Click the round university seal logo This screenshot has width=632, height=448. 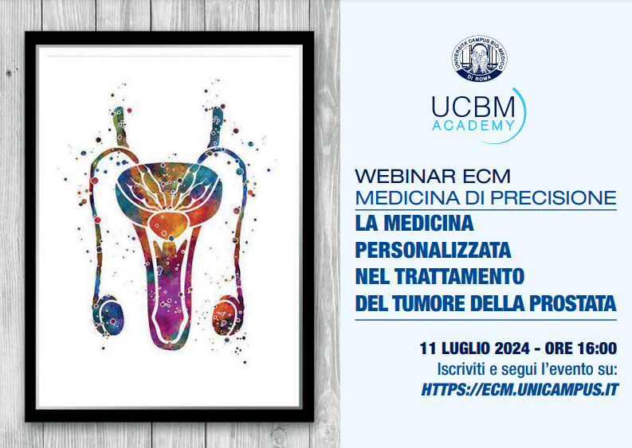click(479, 58)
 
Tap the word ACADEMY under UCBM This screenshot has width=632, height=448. click(473, 125)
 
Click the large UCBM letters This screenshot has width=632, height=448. click(473, 107)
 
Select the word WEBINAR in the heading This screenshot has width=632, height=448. click(406, 177)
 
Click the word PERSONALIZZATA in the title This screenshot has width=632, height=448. click(433, 250)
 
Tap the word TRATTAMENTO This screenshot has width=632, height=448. click(459, 276)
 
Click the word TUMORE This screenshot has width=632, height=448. click(429, 303)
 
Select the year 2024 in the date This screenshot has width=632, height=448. click(512, 349)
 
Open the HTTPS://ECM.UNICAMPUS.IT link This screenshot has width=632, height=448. click(520, 390)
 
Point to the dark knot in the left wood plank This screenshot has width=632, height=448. click(9, 73)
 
